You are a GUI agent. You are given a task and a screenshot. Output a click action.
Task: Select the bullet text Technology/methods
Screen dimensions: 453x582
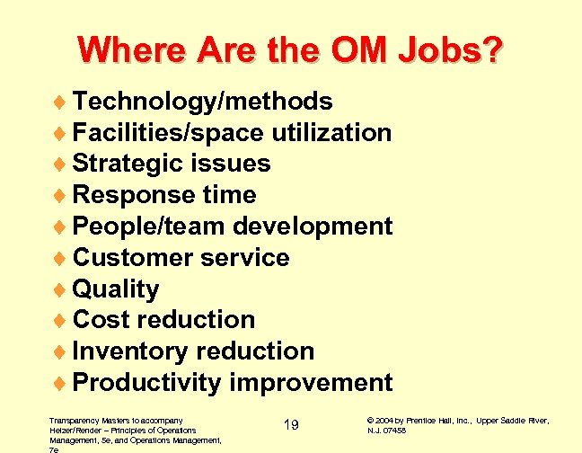coord(202,102)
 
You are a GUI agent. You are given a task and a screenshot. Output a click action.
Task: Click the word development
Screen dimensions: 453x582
coord(313,226)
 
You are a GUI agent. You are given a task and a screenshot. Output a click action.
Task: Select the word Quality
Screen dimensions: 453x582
coord(116,289)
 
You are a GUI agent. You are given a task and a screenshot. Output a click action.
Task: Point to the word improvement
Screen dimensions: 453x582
coord(311,383)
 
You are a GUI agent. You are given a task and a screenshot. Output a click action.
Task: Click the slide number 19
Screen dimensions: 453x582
coord(290,424)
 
